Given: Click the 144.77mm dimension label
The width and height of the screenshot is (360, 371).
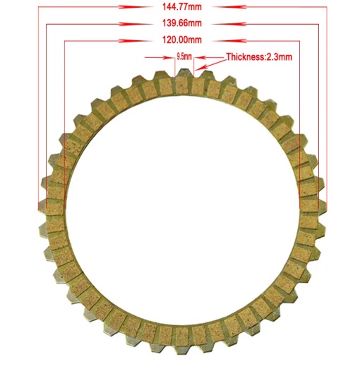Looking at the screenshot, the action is click(x=182, y=7).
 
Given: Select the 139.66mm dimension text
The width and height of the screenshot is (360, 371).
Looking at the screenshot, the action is click(x=182, y=23).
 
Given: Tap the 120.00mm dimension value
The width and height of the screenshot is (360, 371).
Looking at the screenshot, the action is click(x=182, y=39).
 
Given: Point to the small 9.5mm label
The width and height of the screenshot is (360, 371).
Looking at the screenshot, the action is click(x=184, y=57).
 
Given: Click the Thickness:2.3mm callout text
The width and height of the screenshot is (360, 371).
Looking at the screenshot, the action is click(x=259, y=57).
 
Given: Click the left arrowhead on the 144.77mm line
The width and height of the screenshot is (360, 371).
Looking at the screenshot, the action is click(x=136, y=7).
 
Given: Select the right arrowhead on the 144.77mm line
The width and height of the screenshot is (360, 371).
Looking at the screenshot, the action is click(x=229, y=7).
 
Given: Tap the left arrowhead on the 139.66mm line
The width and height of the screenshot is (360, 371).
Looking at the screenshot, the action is click(x=136, y=24).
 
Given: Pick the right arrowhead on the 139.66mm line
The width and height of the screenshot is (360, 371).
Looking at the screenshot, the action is click(x=229, y=24).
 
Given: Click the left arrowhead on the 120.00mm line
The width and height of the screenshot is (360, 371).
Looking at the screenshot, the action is click(x=136, y=41).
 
